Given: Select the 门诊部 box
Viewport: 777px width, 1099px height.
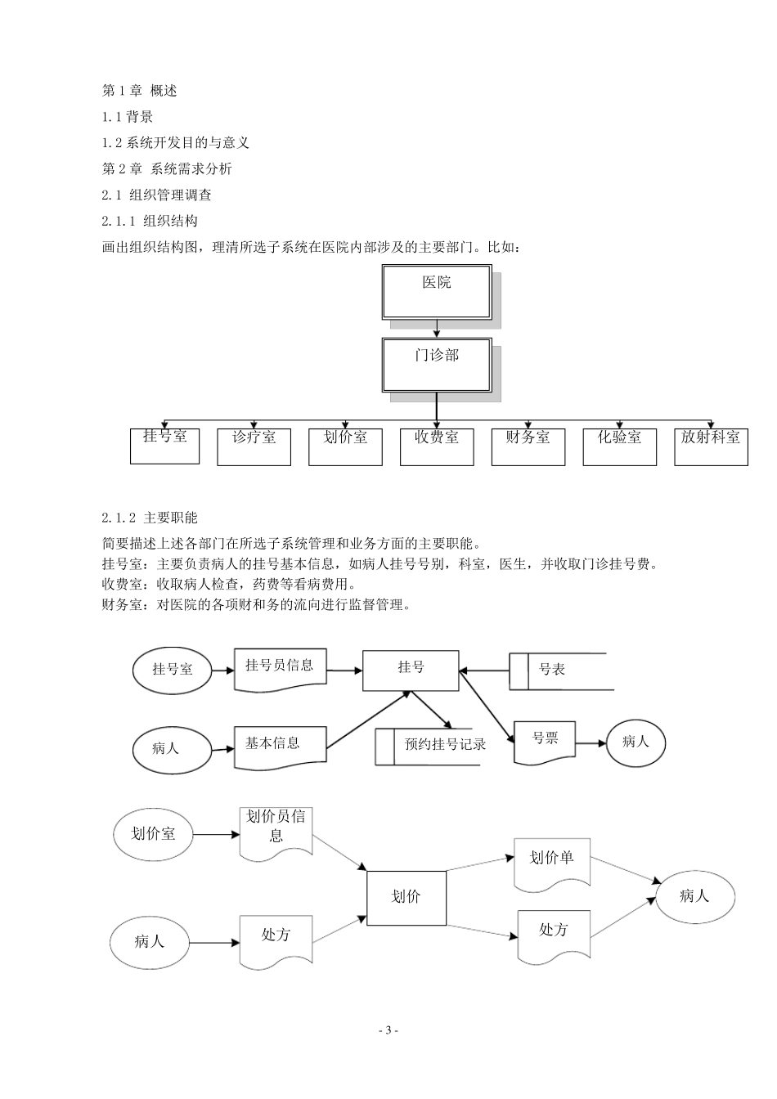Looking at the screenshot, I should (437, 365).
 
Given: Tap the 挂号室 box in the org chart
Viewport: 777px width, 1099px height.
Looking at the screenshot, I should (164, 445).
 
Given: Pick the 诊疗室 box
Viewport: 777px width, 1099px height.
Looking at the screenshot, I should (254, 446).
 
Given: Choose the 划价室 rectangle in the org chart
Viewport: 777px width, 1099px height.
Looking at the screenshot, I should (345, 446).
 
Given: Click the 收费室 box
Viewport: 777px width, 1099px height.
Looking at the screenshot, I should (437, 446).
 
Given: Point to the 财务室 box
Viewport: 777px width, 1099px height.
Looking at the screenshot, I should (528, 446).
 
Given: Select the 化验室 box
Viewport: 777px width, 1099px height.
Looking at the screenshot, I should (619, 446).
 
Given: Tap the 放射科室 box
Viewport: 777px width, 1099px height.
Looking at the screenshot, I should (711, 446).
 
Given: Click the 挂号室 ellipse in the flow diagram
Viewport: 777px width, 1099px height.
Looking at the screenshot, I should (172, 669).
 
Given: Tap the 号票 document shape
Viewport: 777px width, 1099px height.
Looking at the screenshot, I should (545, 741).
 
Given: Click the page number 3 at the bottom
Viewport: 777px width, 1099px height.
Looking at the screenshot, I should (389, 1030).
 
